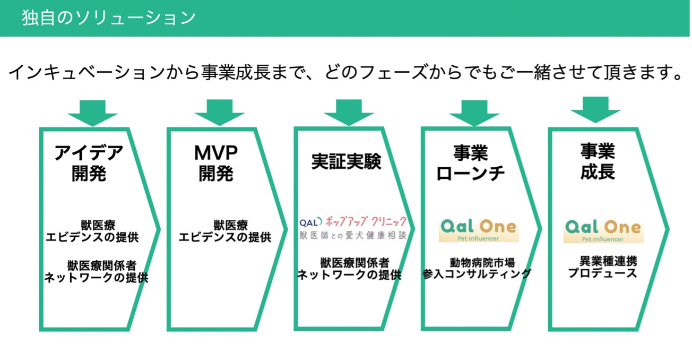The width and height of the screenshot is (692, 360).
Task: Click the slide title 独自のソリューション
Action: pyautogui.click(x=109, y=18)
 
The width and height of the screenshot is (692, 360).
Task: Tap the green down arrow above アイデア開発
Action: pyautogui.click(x=92, y=112)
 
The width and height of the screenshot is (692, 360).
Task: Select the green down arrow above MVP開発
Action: pyautogui.click(x=219, y=112)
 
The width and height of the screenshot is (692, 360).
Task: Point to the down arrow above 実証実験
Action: pyautogui.click(x=348, y=112)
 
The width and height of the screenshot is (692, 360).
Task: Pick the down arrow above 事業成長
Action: pyautogui.click(x=595, y=109)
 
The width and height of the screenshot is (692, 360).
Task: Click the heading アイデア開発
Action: pyautogui.click(x=89, y=163)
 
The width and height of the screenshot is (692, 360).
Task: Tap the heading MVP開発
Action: pyautogui.click(x=216, y=163)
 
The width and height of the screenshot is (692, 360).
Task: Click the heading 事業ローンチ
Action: pyautogui.click(x=470, y=163)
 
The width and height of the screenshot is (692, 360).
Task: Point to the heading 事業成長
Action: pyautogui.click(x=598, y=161)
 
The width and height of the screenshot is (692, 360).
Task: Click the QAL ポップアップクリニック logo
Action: pyautogui.click(x=353, y=228)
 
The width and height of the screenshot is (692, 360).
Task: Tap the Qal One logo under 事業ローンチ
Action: pyautogui.click(x=479, y=230)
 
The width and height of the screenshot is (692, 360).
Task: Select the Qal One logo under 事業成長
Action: pyautogui.click(x=603, y=230)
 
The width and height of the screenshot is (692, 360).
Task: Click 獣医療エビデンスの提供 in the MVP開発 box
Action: pyautogui.click(x=224, y=232)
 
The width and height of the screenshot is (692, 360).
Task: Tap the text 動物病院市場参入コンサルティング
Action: pyautogui.click(x=477, y=268)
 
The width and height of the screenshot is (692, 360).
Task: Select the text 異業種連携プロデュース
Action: pyautogui.click(x=602, y=267)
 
